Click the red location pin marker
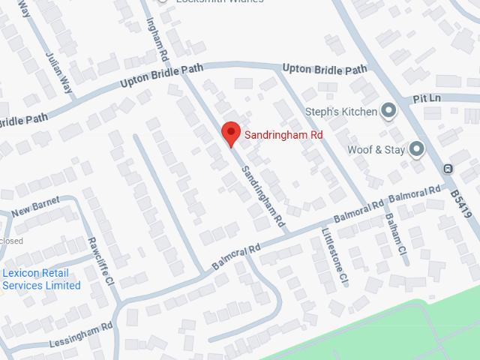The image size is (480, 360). click(231, 133)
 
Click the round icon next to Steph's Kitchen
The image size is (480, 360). click(388, 112)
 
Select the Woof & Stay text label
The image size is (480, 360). click(376, 150)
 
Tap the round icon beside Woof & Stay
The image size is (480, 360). click(416, 149)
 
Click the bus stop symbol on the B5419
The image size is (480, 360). click(448, 169)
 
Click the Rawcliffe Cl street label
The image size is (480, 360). click(99, 262)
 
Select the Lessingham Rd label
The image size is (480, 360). click(82, 333)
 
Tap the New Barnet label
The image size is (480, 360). click(35, 208)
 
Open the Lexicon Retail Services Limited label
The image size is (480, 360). click(40, 279)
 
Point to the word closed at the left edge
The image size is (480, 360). click(10, 241)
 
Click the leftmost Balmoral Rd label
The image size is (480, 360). click(235, 257)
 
